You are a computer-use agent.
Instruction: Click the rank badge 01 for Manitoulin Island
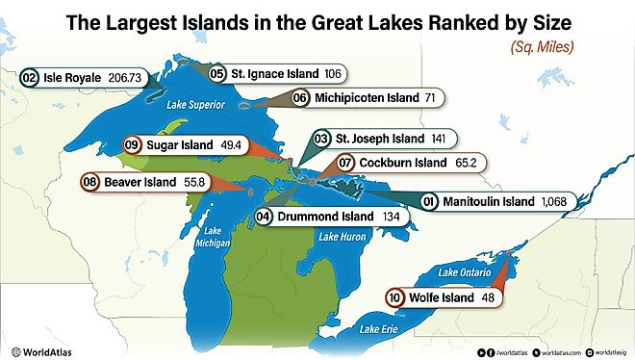[429, 202]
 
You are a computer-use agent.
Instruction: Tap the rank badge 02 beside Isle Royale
[29, 75]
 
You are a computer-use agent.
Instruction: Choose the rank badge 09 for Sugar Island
[134, 143]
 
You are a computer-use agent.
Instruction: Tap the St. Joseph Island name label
[379, 140]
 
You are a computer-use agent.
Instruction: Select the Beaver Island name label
[140, 181]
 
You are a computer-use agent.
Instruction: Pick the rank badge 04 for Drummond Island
[264, 219]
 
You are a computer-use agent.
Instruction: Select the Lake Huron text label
[343, 237]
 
